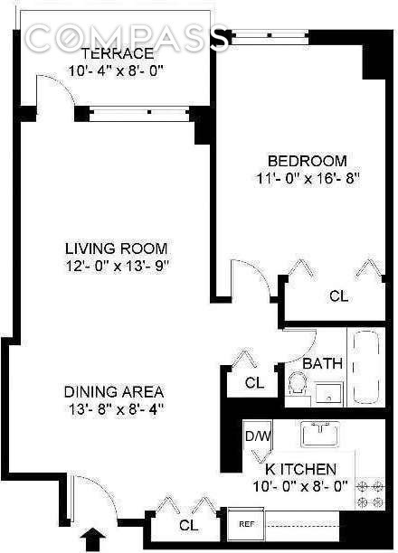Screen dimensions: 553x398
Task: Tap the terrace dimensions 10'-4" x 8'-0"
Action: point(114,70)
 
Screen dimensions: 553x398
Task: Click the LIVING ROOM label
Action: point(116,248)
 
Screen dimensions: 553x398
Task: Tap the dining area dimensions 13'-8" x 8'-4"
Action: point(113,408)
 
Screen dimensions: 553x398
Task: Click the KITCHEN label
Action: point(300,469)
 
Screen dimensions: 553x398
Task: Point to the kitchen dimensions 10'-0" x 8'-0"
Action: point(300,486)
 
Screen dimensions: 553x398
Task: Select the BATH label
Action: point(323,364)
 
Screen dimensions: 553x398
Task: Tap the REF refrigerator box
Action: point(245,523)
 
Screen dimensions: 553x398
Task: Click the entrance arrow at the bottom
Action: point(92,539)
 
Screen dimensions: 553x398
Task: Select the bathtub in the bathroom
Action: point(366,370)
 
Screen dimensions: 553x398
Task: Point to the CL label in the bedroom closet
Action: point(338,295)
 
